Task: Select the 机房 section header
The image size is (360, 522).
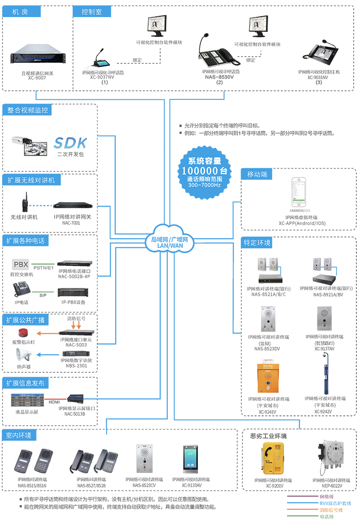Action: click(21, 12)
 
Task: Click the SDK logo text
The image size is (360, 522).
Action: click(70, 143)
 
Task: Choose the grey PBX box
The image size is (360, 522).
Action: click(21, 264)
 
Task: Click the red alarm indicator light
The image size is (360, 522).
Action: click(22, 333)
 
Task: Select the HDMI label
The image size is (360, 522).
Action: click(54, 402)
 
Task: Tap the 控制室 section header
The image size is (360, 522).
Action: click(92, 12)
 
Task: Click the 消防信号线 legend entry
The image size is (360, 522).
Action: click(331, 510)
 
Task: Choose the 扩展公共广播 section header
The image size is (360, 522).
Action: click(26, 320)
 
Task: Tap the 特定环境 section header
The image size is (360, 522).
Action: click(257, 243)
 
